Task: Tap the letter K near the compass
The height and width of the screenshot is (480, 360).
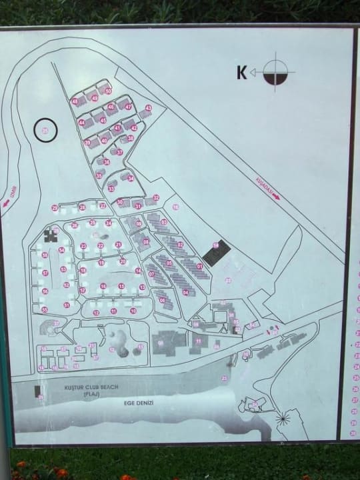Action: (241, 72)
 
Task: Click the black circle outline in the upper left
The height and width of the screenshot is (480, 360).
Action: (45, 131)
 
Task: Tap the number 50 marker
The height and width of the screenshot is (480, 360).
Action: (108, 91)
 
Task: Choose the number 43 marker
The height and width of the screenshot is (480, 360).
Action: (148, 108)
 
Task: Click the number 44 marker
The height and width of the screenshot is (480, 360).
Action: (81, 123)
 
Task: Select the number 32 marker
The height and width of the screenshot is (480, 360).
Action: (155, 197)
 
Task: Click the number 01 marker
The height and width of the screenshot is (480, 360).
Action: (199, 267)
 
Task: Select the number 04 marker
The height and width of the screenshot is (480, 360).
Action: (186, 292)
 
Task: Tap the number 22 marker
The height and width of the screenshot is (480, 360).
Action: (101, 245)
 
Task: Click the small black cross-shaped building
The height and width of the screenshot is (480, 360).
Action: (51, 235)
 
